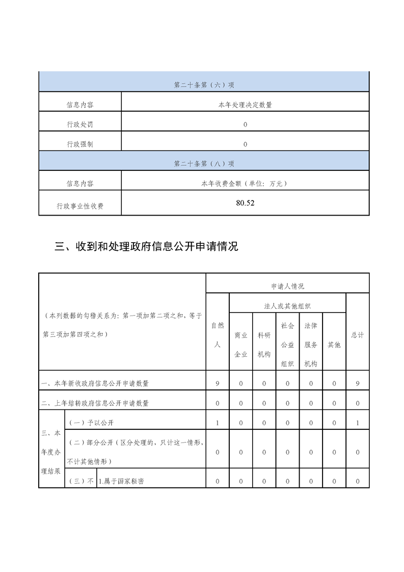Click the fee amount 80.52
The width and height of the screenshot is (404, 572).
(x=245, y=203)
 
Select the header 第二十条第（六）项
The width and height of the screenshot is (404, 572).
(x=204, y=85)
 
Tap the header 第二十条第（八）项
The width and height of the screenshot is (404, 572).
(x=204, y=164)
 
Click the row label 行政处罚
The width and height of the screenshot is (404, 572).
(x=80, y=124)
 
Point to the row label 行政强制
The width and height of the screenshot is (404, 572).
(x=80, y=144)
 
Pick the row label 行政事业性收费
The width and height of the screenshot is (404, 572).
(x=80, y=206)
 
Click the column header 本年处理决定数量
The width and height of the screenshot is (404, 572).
(x=245, y=105)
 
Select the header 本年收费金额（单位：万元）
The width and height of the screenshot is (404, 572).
(x=245, y=183)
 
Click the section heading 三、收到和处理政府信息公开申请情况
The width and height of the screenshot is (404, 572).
(x=146, y=247)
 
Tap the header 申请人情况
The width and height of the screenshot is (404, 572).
(x=287, y=287)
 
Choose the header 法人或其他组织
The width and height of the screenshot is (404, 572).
(x=287, y=306)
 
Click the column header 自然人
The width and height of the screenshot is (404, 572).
(x=218, y=335)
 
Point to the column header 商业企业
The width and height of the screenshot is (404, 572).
(x=241, y=345)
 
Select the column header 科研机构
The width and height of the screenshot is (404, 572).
(x=264, y=345)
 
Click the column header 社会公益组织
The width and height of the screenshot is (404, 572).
(x=287, y=345)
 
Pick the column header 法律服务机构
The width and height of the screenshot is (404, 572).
(x=311, y=345)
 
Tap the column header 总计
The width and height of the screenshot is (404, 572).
(x=358, y=335)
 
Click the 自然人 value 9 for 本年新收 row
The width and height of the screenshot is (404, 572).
(x=218, y=383)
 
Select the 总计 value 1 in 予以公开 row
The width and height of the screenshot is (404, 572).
(x=358, y=423)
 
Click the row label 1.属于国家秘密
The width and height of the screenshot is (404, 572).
(x=121, y=481)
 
